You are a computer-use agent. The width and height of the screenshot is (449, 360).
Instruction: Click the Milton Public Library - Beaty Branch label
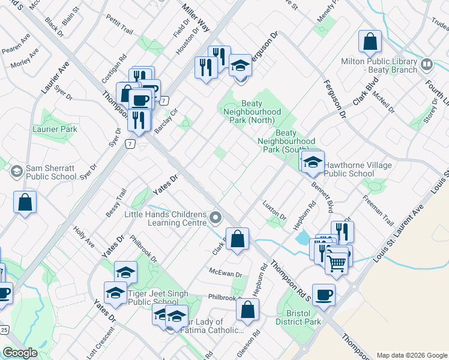(x=379, y=65)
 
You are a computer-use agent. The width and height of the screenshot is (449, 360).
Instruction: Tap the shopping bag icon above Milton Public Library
(x=370, y=42)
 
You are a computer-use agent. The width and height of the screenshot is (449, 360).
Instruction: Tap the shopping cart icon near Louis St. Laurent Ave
(x=337, y=262)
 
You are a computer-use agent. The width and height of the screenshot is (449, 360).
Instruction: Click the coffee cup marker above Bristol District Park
(x=324, y=295)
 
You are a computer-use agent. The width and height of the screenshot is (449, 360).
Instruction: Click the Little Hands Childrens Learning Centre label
(x=165, y=218)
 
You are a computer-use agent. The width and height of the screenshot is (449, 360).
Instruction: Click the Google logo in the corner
(x=20, y=353)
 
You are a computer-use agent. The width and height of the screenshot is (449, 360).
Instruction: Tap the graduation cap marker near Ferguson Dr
(x=240, y=65)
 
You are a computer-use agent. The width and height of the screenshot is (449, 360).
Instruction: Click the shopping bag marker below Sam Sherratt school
(x=26, y=203)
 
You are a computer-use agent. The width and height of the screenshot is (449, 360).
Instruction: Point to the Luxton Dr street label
(x=274, y=211)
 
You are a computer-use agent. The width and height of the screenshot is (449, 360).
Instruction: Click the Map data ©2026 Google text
(x=412, y=355)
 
